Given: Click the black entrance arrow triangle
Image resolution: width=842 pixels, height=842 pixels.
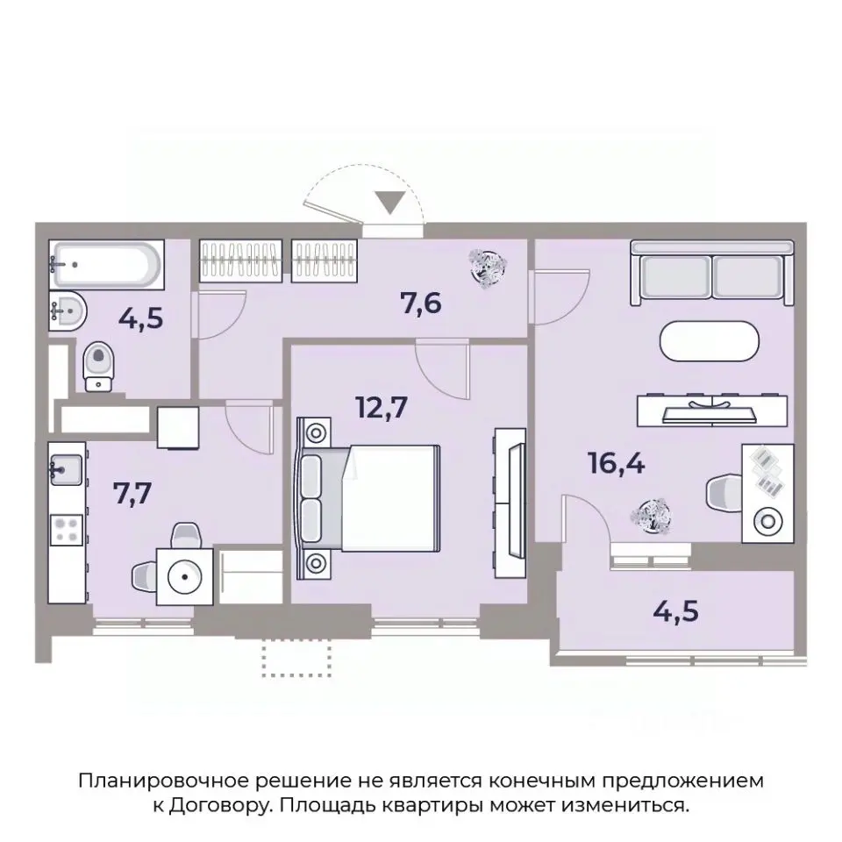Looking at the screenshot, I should click(394, 203).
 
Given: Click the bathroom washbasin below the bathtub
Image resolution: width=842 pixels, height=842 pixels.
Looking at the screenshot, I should click(65, 310).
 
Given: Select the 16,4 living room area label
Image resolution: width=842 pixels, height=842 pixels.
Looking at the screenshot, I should click(617, 461).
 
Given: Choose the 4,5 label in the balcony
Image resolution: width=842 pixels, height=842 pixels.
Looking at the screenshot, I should click(676, 607).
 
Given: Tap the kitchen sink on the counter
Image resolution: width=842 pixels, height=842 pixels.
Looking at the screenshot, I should click(67, 470).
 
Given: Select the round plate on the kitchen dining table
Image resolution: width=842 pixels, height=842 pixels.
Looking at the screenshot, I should click(185, 577).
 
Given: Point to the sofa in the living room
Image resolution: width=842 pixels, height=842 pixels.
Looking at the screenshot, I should click(711, 271).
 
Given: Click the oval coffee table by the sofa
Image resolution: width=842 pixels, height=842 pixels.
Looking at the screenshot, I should click(711, 342).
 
